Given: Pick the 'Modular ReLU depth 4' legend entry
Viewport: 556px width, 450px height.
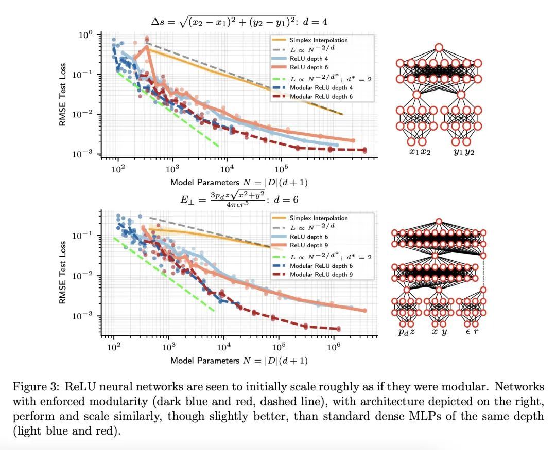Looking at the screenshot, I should [x=324, y=88].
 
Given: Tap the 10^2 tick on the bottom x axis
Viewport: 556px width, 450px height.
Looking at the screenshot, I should [x=113, y=347].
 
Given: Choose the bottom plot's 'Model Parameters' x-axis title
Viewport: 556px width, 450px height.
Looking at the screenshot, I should [x=239, y=361].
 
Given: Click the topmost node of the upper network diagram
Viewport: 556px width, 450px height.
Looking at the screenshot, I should [x=439, y=48].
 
